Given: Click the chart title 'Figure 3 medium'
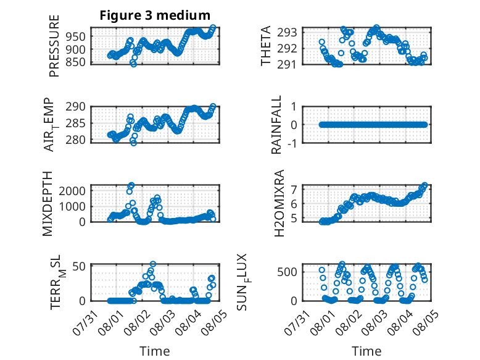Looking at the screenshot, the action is click(155, 15).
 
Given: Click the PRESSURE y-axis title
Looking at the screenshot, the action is click(54, 46).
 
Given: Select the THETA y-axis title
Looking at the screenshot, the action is click(266, 46).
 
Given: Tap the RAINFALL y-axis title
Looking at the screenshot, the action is click(276, 125).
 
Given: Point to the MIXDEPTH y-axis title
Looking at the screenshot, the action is click(48, 204).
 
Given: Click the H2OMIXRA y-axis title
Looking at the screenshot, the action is click(279, 203).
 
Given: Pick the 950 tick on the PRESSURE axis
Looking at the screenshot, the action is click(75, 37).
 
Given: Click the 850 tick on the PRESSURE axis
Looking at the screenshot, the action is click(75, 62).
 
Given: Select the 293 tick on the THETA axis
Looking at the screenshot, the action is click(287, 32).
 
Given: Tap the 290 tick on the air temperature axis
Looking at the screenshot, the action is click(75, 107).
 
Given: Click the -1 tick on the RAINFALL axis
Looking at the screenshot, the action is click(292, 143).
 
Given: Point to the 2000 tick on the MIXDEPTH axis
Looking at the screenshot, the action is click(72, 191).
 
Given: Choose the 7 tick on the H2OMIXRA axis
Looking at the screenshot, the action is click(294, 190).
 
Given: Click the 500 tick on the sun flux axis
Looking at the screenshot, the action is click(287, 272).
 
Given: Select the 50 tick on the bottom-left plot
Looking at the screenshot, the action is click(79, 266).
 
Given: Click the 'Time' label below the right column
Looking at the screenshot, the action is click(366, 351).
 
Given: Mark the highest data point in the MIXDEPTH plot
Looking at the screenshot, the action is click(131, 185).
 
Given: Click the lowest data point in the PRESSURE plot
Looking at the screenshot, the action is click(133, 64).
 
